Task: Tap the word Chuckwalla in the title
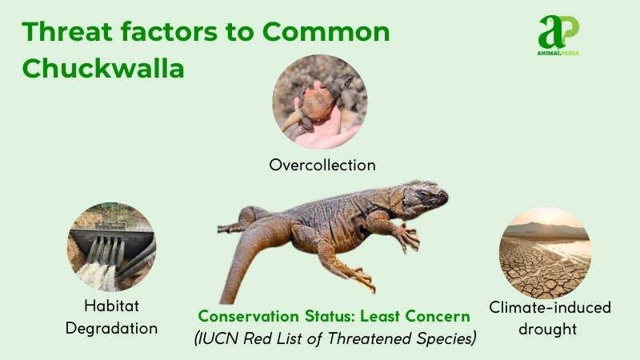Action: point(103,68)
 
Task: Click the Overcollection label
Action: point(322,165)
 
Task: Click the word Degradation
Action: point(112,327)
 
